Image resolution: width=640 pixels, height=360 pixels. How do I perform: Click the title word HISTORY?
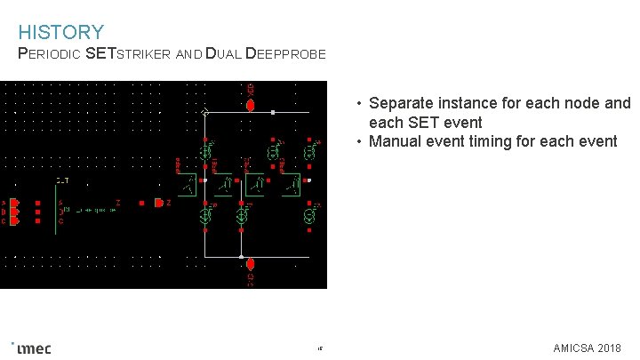tap(60, 33)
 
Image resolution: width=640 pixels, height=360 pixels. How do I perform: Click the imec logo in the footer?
tap(34, 348)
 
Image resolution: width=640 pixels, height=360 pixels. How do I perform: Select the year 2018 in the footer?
tap(610, 348)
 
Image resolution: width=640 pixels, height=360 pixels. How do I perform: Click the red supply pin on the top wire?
tap(250, 105)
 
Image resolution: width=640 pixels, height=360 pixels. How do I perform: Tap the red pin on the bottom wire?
tap(250, 264)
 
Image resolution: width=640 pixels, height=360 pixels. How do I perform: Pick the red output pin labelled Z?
tap(158, 203)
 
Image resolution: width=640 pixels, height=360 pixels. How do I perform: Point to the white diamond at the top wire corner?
tap(205, 113)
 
